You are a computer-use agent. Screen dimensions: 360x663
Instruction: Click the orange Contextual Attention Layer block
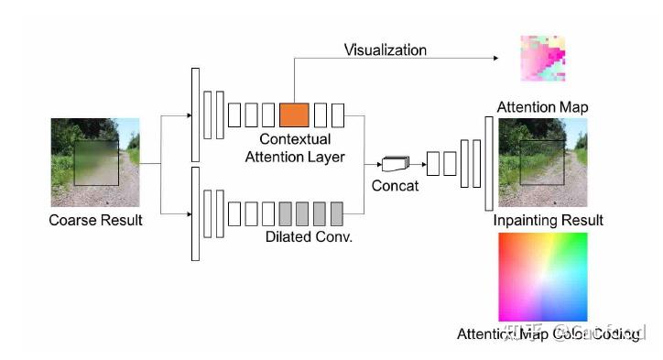point(294,115)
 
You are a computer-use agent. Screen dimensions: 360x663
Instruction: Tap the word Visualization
point(385,49)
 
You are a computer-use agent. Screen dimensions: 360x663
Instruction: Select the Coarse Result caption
point(95,220)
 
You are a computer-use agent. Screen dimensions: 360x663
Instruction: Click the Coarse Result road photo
point(95,161)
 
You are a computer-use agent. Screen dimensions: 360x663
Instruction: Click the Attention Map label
point(542,107)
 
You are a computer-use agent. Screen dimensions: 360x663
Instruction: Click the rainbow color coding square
point(542,277)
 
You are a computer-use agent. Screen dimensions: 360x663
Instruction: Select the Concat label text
point(395,186)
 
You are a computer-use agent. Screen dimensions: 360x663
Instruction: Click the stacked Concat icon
point(395,164)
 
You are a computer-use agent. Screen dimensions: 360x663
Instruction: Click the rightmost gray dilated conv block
point(337,213)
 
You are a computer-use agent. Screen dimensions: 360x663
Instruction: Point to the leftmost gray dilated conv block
point(286,213)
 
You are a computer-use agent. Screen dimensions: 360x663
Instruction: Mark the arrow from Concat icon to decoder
point(418,164)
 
